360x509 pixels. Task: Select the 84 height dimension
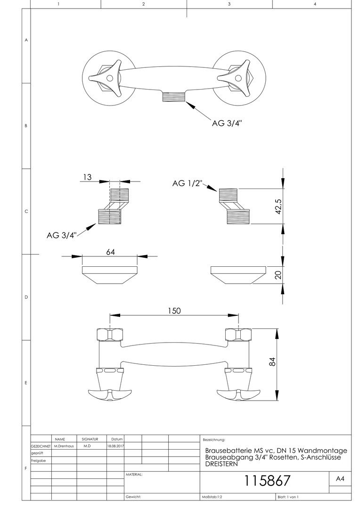click(273, 361)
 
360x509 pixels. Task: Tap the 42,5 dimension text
click(278, 206)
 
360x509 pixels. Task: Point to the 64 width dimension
click(110, 252)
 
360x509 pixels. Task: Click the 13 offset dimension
click(87, 177)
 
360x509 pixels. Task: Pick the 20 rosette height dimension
click(278, 275)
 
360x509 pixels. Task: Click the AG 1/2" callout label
click(188, 183)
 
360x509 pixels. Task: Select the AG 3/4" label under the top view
click(227, 123)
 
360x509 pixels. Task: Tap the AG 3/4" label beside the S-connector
click(62, 235)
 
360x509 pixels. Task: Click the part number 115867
click(267, 481)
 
